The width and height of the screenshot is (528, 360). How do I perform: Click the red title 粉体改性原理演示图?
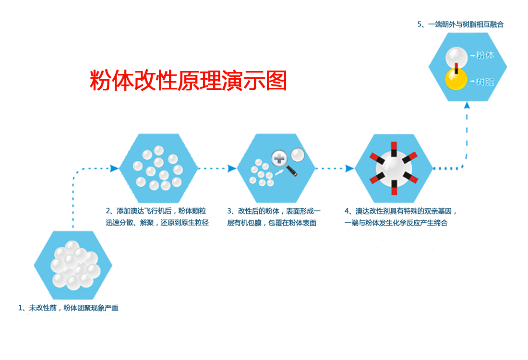click(188, 81)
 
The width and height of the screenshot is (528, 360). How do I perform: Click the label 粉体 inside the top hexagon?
click(484, 55)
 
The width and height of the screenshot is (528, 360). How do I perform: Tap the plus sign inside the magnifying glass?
click(279, 159)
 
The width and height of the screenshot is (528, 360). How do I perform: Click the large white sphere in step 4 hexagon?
click(394, 168)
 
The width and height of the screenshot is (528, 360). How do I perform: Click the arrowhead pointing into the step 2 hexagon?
click(114, 168)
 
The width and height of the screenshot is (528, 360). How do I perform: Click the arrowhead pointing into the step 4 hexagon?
click(350, 168)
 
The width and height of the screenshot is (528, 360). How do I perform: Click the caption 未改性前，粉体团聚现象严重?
click(68, 308)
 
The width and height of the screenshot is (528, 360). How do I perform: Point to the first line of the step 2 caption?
click(157, 211)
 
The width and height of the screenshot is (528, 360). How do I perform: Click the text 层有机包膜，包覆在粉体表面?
click(272, 223)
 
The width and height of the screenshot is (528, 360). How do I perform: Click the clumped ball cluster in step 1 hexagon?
click(73, 265)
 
